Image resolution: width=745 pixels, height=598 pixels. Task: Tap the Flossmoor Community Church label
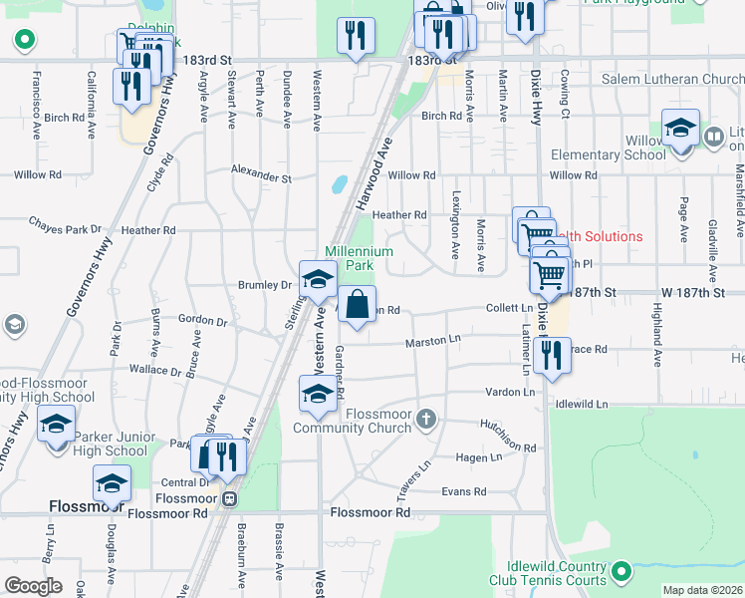(x=352, y=422)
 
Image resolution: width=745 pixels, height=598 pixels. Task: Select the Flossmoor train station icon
(x=230, y=498)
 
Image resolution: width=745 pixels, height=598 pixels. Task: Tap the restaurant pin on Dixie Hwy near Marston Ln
(x=548, y=354)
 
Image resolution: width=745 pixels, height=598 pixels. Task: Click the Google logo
(x=34, y=585)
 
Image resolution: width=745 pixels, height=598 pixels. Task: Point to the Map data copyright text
(x=701, y=590)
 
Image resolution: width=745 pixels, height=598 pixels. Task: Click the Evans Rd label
(x=464, y=491)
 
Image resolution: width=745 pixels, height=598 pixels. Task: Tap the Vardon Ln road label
(x=511, y=392)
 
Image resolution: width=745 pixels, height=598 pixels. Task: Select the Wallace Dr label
(x=155, y=370)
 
